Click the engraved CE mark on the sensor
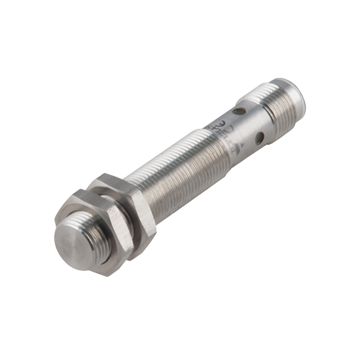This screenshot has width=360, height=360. point(225,121)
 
